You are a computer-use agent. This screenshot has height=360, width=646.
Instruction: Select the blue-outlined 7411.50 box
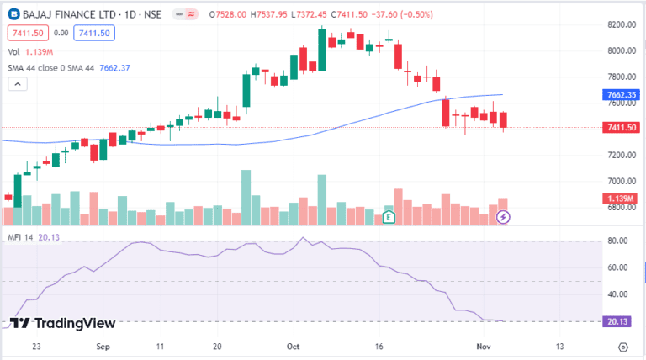[x=94, y=33]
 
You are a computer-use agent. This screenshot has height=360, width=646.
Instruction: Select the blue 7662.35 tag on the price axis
[x=623, y=94]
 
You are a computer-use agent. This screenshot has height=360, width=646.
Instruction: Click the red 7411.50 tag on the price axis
[x=623, y=128]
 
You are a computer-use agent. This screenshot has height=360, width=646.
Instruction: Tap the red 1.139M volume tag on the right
[x=623, y=198]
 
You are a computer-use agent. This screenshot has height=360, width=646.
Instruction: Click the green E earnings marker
[x=389, y=217]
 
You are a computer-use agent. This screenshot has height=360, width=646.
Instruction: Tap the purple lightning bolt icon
[x=503, y=217]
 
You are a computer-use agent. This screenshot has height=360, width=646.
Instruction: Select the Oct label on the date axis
[x=293, y=346]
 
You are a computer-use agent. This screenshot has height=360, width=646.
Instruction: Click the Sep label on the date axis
[x=103, y=346]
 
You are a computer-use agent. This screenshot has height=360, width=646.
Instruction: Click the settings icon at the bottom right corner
[x=622, y=346]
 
